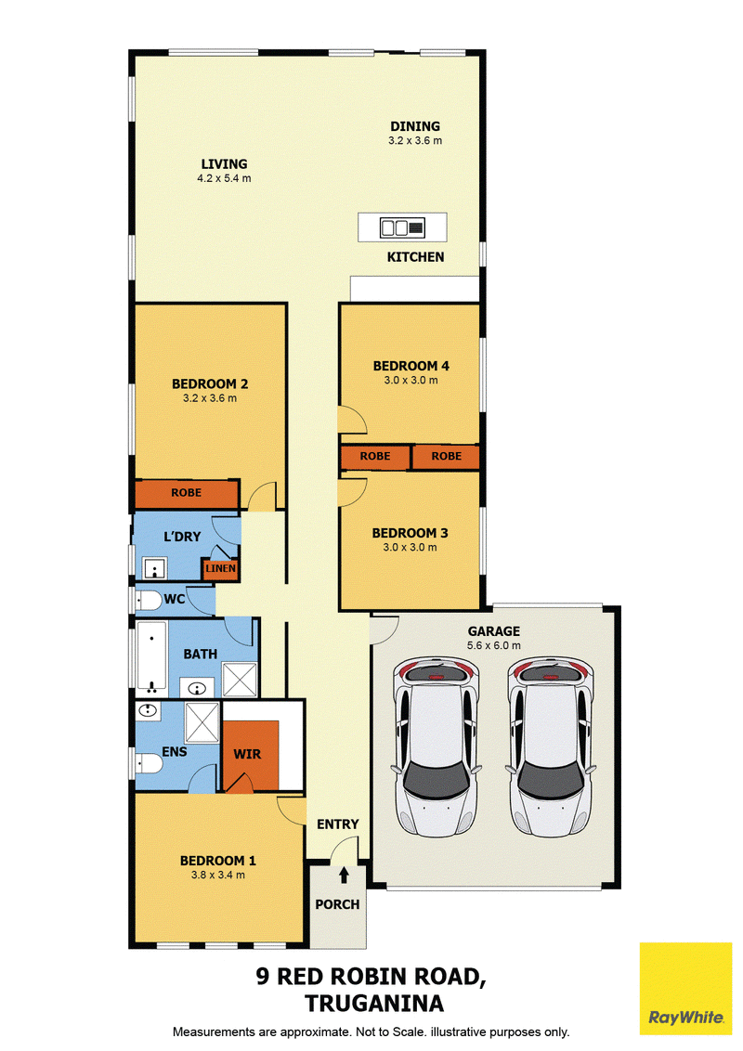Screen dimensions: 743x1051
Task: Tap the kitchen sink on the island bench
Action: pos(402,227)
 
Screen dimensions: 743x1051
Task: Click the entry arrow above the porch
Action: pos(344,875)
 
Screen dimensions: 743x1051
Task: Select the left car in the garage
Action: pos(437,746)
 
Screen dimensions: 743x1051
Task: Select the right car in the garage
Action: pos(551,746)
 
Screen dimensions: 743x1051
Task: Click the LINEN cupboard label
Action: pos(221,568)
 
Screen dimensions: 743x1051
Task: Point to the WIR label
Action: pos(247,754)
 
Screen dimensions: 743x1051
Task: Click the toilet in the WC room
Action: pos(149,600)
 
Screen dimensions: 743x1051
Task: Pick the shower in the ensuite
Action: pos(202,722)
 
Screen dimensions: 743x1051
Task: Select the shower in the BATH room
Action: pos(240,680)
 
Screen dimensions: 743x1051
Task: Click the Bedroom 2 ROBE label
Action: pos(187,493)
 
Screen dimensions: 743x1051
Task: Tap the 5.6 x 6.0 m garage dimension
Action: pos(493,645)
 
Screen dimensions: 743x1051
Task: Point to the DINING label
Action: pos(415,126)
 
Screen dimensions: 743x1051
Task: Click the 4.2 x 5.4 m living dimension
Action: pos(224,178)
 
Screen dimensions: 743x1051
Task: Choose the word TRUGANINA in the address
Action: pos(374,1004)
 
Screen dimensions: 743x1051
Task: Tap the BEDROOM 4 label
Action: pos(411,366)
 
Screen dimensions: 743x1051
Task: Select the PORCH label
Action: pos(337,904)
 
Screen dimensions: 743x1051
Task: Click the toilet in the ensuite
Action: pos(149,763)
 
